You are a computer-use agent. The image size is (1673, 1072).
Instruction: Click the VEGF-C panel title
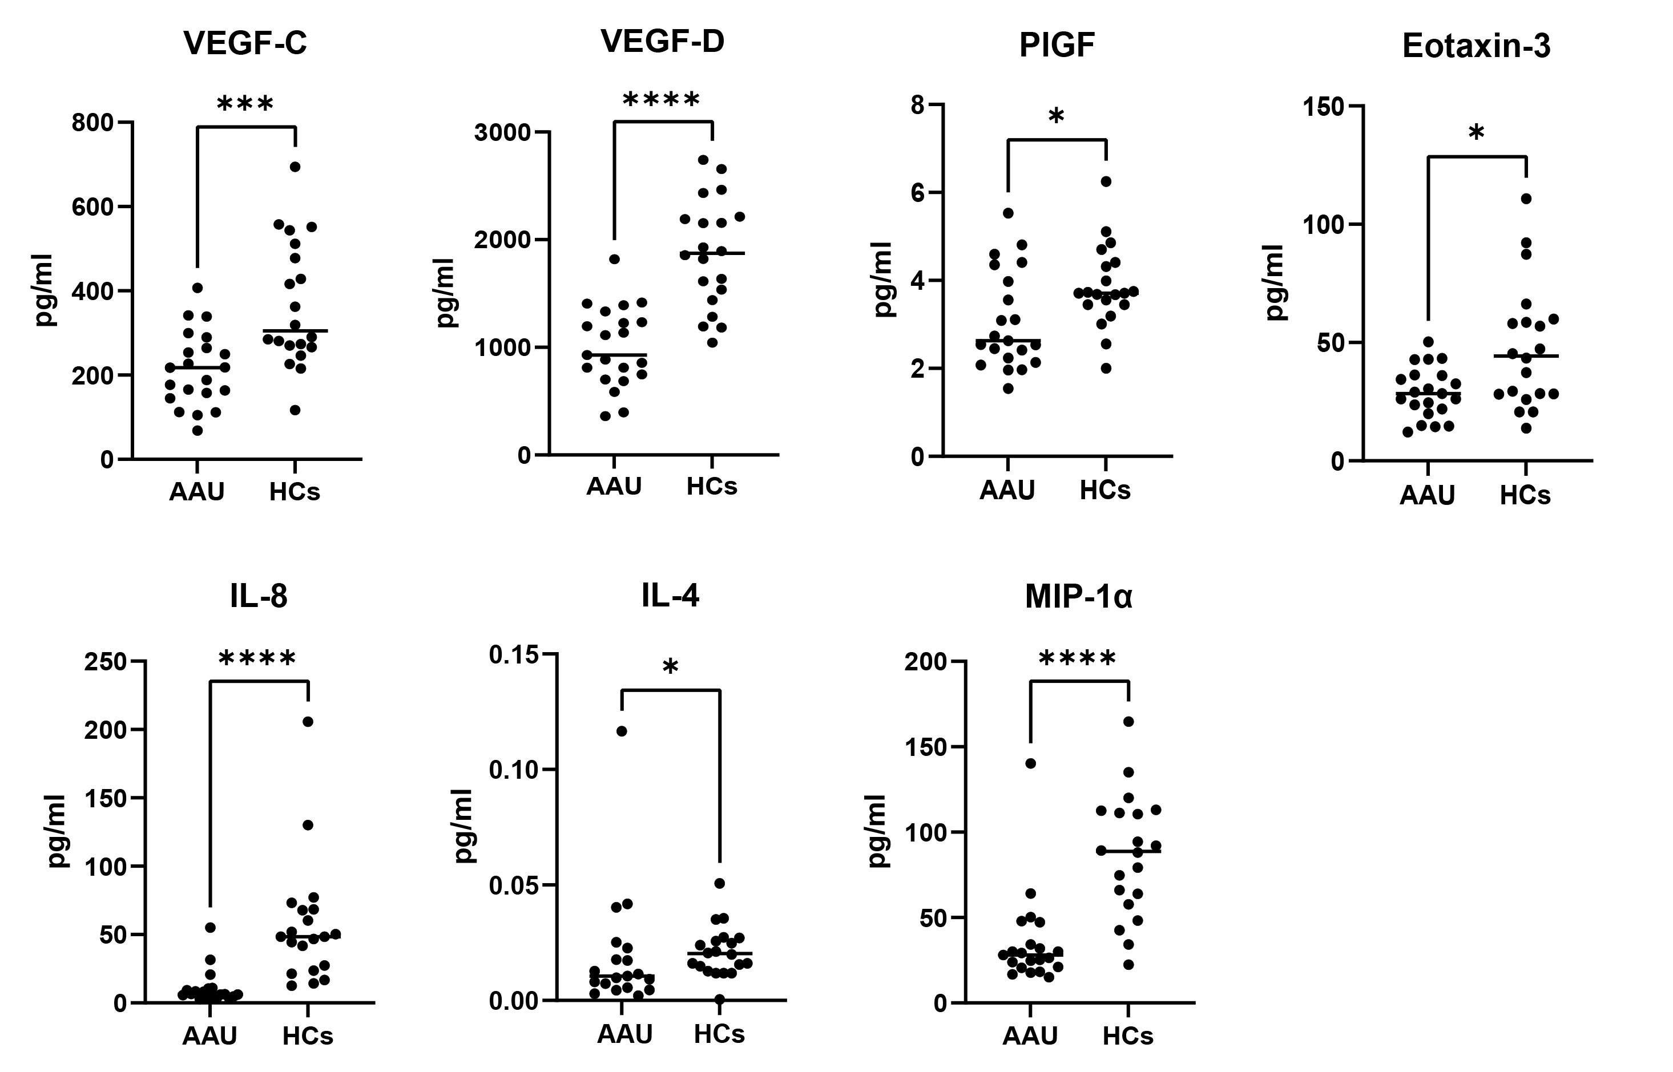245,43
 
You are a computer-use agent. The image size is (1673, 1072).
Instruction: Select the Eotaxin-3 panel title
1476,46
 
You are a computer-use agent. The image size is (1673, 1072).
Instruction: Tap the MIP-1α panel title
1078,597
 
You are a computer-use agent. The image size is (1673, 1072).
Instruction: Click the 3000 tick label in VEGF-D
502,132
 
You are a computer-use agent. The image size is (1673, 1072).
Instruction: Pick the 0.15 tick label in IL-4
514,655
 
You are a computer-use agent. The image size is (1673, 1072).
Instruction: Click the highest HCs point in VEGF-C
295,167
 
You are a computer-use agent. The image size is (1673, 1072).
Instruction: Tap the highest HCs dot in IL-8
308,721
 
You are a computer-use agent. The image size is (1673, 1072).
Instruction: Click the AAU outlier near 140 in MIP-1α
1031,763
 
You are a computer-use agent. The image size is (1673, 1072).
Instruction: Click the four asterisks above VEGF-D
661,100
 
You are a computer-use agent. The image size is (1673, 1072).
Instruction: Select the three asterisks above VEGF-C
245,104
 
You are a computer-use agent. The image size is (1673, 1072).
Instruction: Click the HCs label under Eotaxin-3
1525,495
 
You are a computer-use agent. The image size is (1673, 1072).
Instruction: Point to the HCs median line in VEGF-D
712,253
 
